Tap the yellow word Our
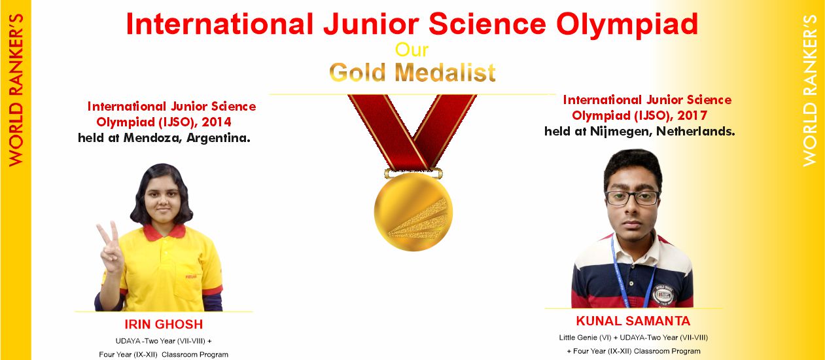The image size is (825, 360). click(412, 50)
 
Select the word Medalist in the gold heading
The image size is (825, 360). click(445, 72)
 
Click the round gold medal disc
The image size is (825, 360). click(413, 211)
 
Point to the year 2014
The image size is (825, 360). click(217, 122)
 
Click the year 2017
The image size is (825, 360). click(692, 116)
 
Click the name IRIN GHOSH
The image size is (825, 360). click(164, 324)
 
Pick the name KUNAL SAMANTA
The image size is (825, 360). click(633, 321)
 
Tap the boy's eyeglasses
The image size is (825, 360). click(633, 198)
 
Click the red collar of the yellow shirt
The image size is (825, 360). click(164, 232)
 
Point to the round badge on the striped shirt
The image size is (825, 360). click(663, 295)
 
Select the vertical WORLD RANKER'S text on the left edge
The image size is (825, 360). click(16, 90)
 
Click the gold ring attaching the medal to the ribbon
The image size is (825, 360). click(413, 173)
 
